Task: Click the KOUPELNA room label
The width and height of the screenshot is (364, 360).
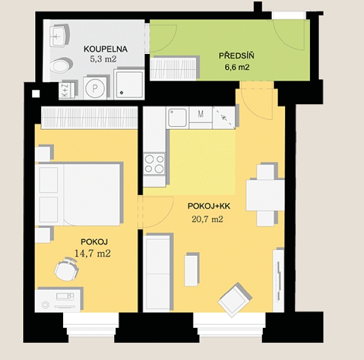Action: coord(106,49)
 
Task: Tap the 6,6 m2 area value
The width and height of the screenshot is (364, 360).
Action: coord(237,67)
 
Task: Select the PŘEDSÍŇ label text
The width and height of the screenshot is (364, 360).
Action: coord(237,56)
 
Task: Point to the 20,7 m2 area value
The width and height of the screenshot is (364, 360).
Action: coord(207,219)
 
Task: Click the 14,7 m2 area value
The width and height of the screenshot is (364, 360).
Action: coord(92,253)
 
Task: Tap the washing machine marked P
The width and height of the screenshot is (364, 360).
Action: coord(95,88)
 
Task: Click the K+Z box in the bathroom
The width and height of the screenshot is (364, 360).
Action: coord(66,90)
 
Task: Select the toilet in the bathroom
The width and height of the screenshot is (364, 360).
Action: coord(61,65)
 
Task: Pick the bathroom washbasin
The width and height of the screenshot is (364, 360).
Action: coord(59,36)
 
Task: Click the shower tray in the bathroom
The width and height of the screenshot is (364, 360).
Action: coord(129,84)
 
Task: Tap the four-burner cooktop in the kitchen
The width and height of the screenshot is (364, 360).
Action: coord(154,164)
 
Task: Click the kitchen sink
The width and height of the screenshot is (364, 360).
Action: coord(178,118)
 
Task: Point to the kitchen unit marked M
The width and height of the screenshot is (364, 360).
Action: coord(201,118)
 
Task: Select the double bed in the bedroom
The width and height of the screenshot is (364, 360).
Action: coord(78,195)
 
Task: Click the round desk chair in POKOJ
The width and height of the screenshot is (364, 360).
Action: coord(66,269)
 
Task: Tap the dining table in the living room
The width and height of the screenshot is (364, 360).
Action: coord(265,195)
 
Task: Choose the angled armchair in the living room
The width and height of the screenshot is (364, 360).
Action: coord(235,300)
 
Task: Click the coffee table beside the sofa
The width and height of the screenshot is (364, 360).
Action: coord(191,270)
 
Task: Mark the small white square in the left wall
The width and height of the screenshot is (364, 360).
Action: coord(36,93)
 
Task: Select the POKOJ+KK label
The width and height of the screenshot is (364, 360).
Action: coord(209,206)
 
